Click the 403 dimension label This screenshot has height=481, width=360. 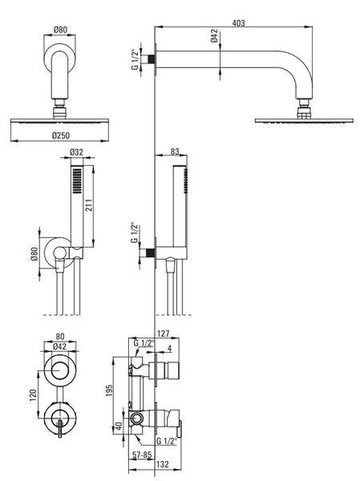tap(238, 23)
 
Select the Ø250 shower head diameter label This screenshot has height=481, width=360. tap(61, 135)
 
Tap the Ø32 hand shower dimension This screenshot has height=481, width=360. tap(76, 152)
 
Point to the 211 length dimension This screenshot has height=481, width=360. tap(89, 204)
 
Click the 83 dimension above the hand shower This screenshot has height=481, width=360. tap(175, 152)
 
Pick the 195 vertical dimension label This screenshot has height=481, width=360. tap(109, 390)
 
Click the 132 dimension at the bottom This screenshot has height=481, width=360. tap(162, 464)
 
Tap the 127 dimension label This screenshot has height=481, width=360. tap(163, 333)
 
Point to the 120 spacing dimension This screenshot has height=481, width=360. tap(33, 395)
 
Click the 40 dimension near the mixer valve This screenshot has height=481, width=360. tap(119, 426)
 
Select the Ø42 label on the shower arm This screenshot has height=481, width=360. tap(214, 35)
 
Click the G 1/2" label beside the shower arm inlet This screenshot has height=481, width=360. tap(135, 59)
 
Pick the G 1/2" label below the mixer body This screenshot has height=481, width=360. tap(167, 441)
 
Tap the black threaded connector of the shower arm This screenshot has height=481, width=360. tap(150, 59)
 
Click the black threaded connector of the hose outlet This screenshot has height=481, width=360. tap(150, 253)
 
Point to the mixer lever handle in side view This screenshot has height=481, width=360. tap(180, 428)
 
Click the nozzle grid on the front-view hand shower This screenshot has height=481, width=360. tap(77, 181)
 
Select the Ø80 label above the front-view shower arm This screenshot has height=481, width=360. tap(60, 30)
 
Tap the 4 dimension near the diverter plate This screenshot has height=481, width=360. tap(170, 349)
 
